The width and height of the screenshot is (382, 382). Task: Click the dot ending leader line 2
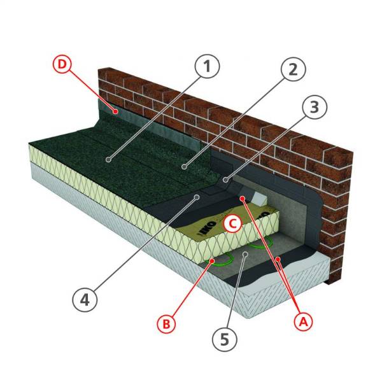coord(184,167)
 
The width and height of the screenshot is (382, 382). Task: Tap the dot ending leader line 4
coord(199,198)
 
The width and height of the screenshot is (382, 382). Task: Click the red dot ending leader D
coord(115,111)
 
